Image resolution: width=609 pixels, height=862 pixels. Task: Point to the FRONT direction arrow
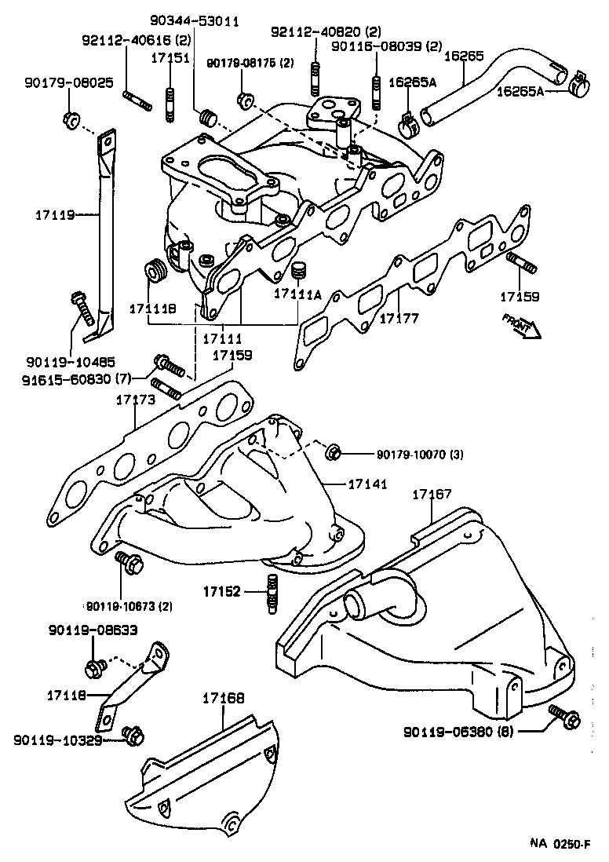tap(519, 324)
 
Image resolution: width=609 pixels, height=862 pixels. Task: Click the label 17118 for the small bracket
tap(65, 696)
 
